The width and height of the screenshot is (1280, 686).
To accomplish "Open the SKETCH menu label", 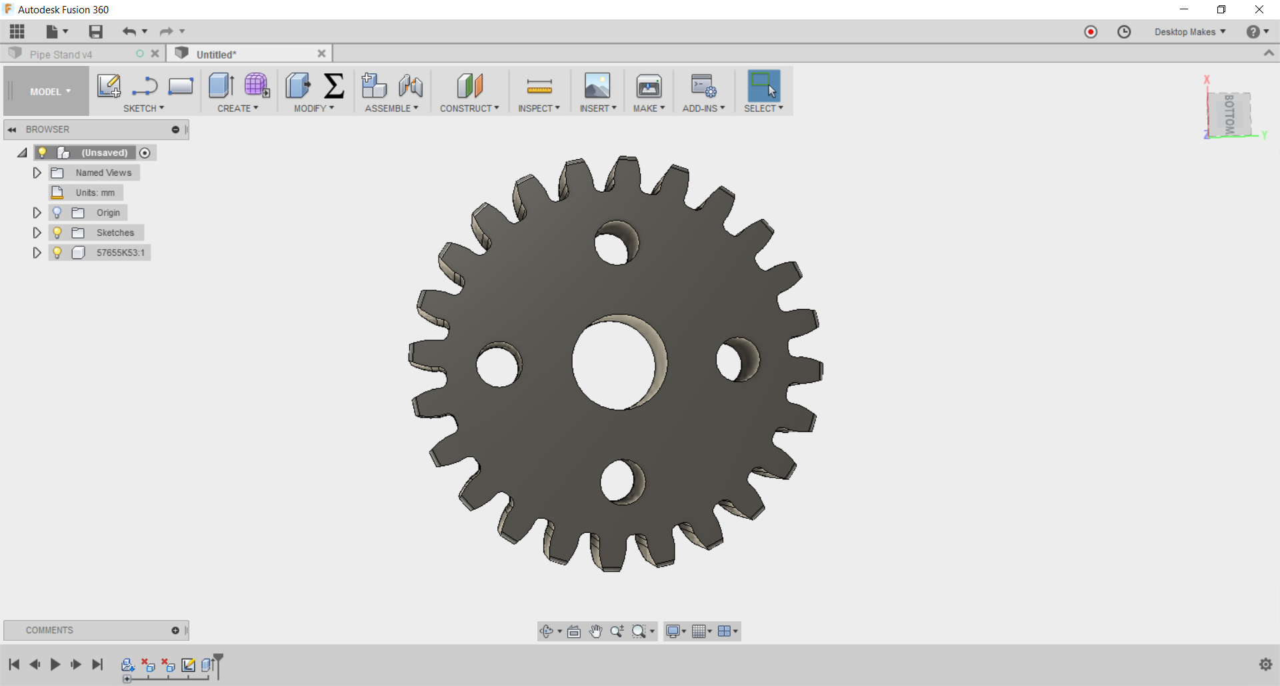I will pos(143,109).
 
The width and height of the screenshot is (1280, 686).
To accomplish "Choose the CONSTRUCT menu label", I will pos(469,109).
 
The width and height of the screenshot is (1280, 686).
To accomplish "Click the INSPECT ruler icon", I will pos(539,87).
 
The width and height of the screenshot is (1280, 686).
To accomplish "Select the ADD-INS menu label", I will pos(703,109).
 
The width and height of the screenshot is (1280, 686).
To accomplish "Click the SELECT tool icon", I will pos(763,87).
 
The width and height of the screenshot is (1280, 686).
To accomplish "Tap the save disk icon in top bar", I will pos(96,31).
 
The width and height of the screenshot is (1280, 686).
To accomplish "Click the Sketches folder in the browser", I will pos(115,232).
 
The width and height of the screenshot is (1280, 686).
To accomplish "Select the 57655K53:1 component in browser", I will pos(120,252).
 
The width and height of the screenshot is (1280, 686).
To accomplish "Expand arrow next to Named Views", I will pos(37,172).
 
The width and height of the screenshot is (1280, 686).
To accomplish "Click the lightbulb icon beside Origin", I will pos(57,212).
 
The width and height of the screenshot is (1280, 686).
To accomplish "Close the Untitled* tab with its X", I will pos(321,54).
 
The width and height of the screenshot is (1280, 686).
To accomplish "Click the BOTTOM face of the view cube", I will pos(1229,114).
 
